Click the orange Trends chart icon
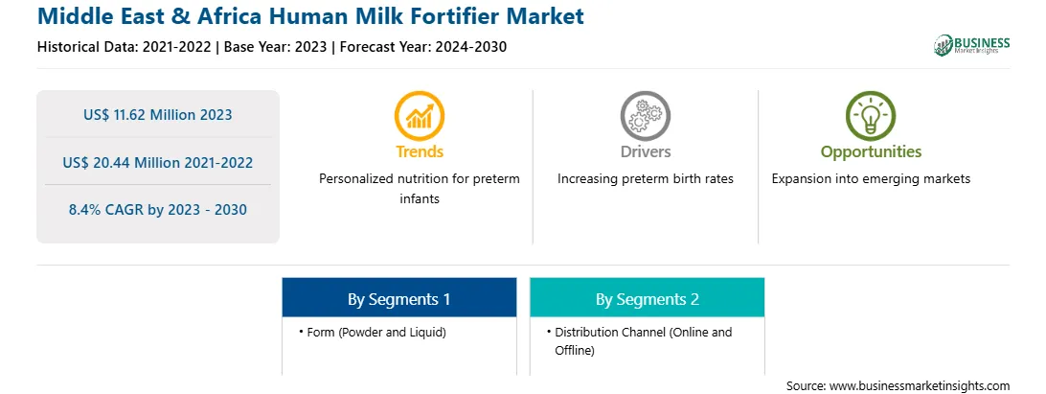419,116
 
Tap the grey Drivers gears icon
645,116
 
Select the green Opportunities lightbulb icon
871,116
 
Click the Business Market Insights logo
972,45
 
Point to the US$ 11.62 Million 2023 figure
158,115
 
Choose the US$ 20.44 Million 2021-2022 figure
158,162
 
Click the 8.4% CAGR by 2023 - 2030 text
158,210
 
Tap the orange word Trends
420,151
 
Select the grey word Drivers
646,151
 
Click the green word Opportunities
872,152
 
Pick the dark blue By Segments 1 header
398,298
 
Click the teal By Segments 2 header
648,298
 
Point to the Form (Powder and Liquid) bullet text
376,332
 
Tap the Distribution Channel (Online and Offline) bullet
643,340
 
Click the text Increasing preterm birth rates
646,179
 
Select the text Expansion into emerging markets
872,179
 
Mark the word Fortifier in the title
421,15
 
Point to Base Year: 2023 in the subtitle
276,47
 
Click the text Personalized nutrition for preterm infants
420,188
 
